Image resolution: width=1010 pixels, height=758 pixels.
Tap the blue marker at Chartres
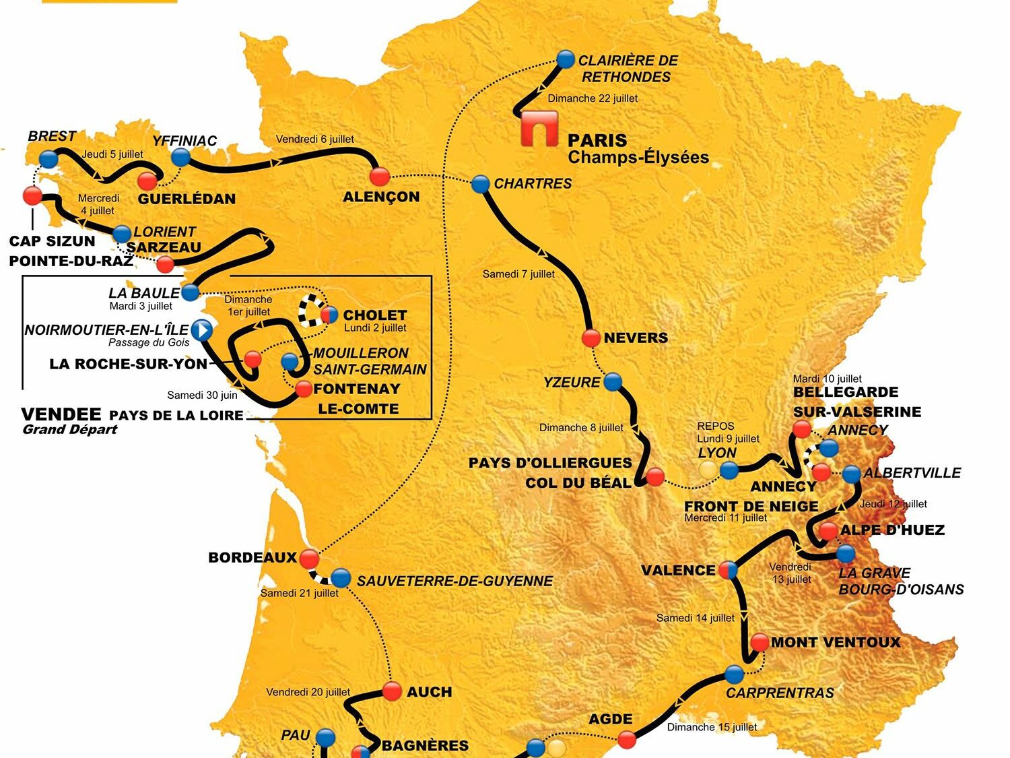click(x=480, y=183)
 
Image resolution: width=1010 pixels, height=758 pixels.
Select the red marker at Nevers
click(x=591, y=338)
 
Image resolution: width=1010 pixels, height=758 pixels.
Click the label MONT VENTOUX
click(x=836, y=642)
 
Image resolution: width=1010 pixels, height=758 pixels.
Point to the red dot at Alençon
click(x=380, y=176)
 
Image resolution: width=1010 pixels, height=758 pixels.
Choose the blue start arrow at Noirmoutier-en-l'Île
click(x=201, y=330)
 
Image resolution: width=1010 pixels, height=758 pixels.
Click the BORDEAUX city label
click(x=252, y=557)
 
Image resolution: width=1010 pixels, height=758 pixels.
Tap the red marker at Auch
click(x=392, y=691)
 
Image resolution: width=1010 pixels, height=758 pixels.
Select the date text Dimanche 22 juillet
click(x=593, y=98)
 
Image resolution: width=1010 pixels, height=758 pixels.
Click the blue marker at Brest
click(x=48, y=159)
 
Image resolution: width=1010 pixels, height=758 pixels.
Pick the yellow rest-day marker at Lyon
click(x=707, y=470)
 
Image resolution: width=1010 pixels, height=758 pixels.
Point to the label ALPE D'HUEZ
click(x=892, y=530)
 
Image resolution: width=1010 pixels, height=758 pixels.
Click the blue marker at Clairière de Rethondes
click(x=566, y=59)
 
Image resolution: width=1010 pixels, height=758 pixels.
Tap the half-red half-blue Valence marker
click(x=728, y=570)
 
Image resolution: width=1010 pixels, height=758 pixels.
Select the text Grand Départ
click(x=70, y=430)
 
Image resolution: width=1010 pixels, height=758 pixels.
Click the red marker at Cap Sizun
click(x=32, y=195)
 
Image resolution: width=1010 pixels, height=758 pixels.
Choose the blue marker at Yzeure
click(x=613, y=382)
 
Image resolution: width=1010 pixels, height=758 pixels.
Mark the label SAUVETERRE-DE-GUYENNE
click(x=454, y=581)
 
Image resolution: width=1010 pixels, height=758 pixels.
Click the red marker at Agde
click(x=627, y=740)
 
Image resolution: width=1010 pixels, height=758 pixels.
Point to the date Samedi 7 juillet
click(x=518, y=274)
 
